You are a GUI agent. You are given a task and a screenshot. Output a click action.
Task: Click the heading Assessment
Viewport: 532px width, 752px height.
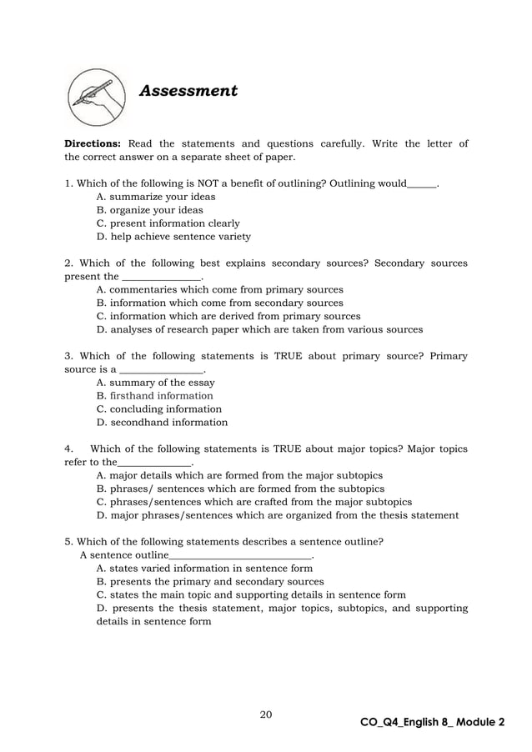[188, 91]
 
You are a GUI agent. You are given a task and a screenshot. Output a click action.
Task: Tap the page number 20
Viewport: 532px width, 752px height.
[266, 714]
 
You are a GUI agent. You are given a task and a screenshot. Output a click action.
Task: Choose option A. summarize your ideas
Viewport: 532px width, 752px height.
[156, 197]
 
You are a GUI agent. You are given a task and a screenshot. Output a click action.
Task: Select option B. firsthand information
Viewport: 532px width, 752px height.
[155, 396]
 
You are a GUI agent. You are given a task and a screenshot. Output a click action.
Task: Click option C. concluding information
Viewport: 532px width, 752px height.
[159, 409]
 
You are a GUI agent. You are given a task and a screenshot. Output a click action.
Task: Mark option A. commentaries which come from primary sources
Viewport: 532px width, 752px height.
[220, 290]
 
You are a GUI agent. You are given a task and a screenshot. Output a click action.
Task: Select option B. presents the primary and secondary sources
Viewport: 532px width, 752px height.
[210, 582]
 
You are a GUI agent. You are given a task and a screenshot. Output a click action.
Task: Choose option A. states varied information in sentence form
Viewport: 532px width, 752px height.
[205, 569]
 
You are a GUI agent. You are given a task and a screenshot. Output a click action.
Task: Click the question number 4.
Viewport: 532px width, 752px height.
[68, 449]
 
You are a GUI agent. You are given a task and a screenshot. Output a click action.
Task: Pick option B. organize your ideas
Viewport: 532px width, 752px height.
[150, 210]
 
